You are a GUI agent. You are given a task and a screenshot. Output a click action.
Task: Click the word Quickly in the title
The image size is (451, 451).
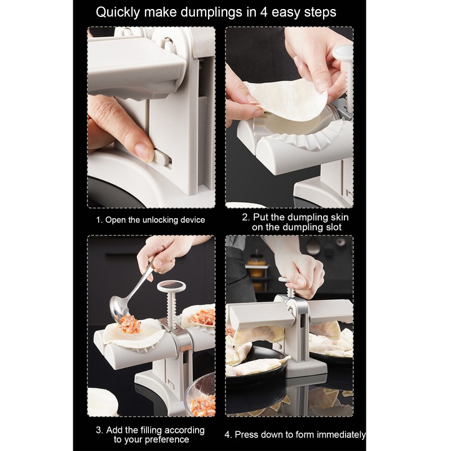click(118, 13)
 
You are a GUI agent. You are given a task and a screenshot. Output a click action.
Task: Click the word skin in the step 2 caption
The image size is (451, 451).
click(341, 217)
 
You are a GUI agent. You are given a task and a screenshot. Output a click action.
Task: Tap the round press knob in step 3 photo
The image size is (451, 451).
click(171, 286)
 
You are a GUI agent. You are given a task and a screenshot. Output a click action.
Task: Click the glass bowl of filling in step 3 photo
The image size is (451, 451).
click(200, 396)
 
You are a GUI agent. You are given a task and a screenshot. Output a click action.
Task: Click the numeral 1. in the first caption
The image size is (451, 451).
click(99, 220)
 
